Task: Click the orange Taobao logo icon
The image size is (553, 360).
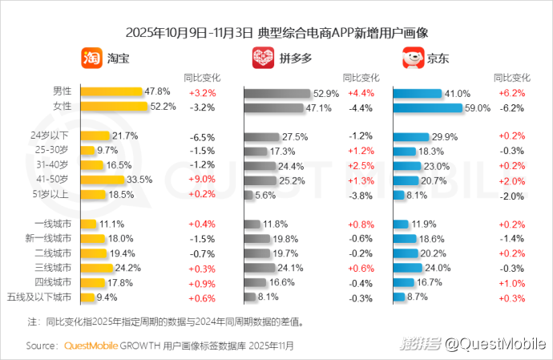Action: point(91,59)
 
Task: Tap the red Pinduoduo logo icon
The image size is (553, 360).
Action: point(263,59)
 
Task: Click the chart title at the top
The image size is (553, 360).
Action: point(276,33)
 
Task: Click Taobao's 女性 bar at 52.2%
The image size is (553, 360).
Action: point(115,107)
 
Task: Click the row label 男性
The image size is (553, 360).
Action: point(62,91)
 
